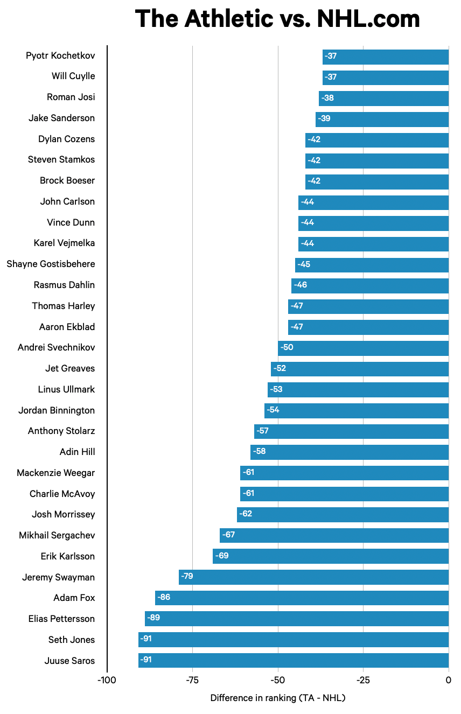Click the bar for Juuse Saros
tap(294, 660)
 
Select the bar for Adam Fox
tap(302, 598)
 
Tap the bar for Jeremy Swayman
tap(313, 577)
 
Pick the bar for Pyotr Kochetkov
tap(386, 57)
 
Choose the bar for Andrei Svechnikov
tap(363, 348)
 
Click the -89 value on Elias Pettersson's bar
tap(153, 618)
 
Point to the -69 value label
tap(221, 556)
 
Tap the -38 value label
tap(327, 98)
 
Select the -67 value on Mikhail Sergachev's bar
tap(228, 535)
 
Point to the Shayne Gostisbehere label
tap(51, 264)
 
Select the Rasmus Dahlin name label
tap(64, 285)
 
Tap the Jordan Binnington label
tap(57, 410)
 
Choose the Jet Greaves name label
tap(70, 368)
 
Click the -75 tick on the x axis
tap(192, 680)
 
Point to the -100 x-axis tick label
tap(107, 680)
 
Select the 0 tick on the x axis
tap(449, 680)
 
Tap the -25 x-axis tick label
tap(363, 680)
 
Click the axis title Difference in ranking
tap(277, 698)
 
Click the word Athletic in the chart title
tap(228, 19)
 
